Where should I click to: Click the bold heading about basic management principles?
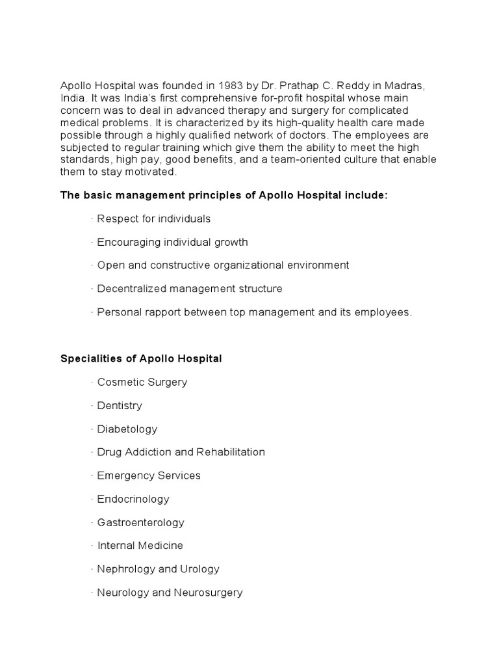point(224,195)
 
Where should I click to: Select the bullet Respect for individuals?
point(153,219)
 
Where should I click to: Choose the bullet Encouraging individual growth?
point(172,242)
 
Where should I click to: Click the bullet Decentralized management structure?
point(189,289)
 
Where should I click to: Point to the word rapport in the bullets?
point(159,312)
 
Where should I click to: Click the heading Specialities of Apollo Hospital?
point(141,359)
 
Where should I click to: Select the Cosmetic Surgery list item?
point(142,382)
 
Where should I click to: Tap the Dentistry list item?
point(119,406)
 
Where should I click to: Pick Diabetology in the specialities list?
point(127,429)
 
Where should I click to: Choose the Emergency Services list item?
point(148,476)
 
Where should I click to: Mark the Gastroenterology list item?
point(140,523)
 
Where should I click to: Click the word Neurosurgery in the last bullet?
point(212,593)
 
